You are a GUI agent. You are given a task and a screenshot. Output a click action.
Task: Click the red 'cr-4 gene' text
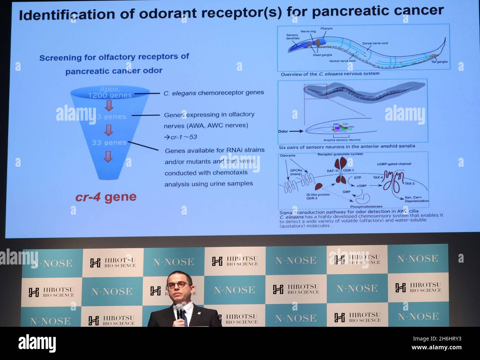pyautogui.click(x=106, y=197)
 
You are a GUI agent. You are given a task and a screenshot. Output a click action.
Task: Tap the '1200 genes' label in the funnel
pyautogui.click(x=110, y=95)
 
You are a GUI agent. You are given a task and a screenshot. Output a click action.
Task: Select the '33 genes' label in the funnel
pyautogui.click(x=109, y=142)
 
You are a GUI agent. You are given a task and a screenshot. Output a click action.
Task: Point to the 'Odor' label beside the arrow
pyautogui.click(x=283, y=131)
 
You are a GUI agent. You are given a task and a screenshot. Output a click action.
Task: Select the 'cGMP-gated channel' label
pyautogui.click(x=394, y=164)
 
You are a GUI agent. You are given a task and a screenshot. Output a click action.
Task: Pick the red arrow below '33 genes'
pyautogui.click(x=107, y=156)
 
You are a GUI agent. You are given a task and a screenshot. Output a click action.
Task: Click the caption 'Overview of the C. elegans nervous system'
pyautogui.click(x=330, y=74)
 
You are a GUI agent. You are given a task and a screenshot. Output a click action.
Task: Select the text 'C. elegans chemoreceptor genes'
pyautogui.click(x=214, y=93)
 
